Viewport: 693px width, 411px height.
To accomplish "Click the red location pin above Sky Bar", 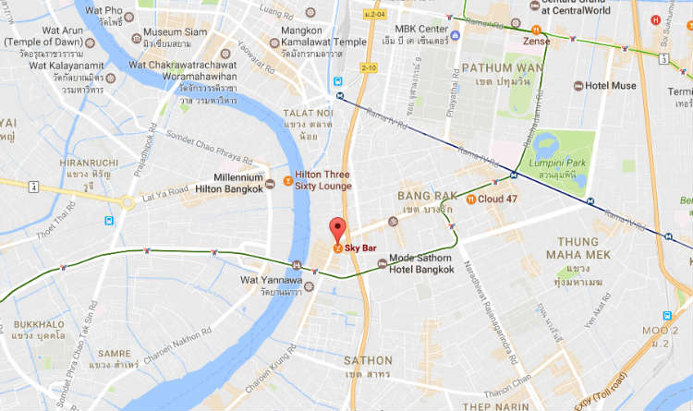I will coord(337,228).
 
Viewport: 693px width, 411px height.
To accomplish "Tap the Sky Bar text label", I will coord(361,248).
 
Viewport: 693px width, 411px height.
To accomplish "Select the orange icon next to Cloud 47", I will coord(471,199).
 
